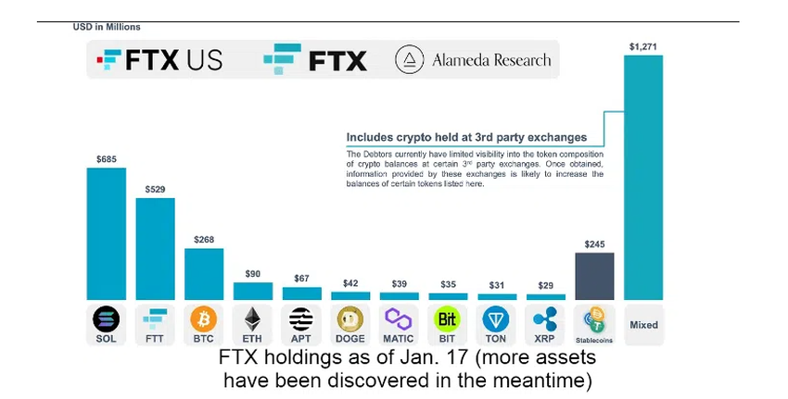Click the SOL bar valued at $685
[x=106, y=233]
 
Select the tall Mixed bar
[x=643, y=176]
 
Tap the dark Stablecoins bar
[x=594, y=276]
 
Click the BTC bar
[x=203, y=274]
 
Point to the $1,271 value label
[x=642, y=45]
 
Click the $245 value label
[x=594, y=244]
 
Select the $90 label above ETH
[x=252, y=274]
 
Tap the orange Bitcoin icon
[x=203, y=319]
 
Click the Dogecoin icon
[x=350, y=319]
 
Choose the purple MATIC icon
[x=399, y=319]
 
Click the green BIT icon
[x=447, y=319]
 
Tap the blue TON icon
[x=496, y=319]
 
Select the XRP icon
[x=545, y=319]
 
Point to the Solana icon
[x=106, y=319]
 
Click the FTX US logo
[x=160, y=61]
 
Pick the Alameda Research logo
[x=474, y=61]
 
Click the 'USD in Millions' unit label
[x=107, y=27]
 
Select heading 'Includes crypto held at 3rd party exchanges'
[x=466, y=137]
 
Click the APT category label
[x=301, y=339]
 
